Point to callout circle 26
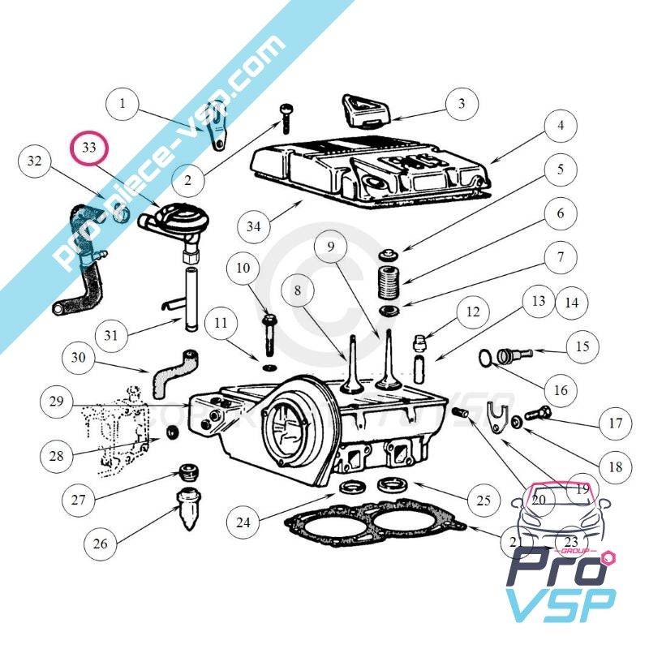coord(100,543)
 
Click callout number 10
coord(244,267)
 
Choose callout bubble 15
coord(582,348)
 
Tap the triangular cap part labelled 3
coord(363,112)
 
